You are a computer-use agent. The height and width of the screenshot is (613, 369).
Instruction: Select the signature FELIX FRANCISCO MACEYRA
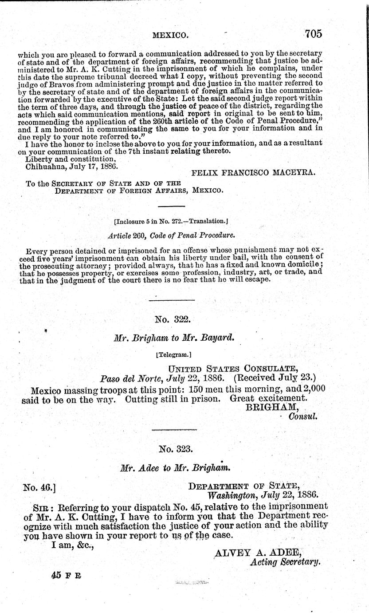pos(253,174)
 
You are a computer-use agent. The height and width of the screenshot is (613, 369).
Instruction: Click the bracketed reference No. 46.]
pos(39,487)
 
